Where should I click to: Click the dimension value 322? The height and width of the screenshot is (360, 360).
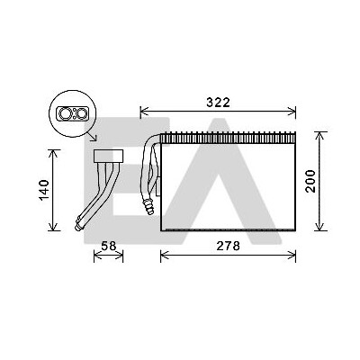218,103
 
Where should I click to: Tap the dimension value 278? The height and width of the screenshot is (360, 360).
228,246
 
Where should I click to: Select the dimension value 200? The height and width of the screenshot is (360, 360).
310,181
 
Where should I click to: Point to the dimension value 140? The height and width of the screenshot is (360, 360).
44,191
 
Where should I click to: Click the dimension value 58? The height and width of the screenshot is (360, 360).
108,246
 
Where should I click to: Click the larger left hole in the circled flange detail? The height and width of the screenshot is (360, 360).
65,113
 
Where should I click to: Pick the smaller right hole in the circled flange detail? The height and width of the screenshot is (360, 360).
81,113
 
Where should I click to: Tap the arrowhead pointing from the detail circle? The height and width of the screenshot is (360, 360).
94,139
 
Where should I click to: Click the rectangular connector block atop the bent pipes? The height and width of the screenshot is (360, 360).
109,156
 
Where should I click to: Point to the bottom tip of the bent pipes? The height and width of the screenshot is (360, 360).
77,229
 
